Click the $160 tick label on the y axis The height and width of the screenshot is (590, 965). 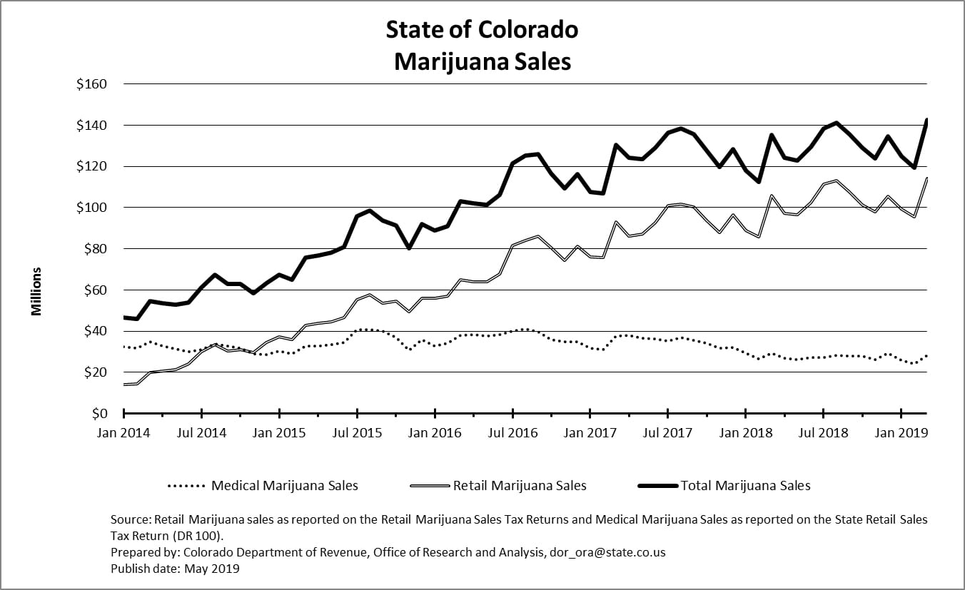pyautogui.click(x=91, y=84)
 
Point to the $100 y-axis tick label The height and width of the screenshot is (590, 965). pyautogui.click(x=91, y=208)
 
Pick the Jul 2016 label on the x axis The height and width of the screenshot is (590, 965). pyautogui.click(x=512, y=432)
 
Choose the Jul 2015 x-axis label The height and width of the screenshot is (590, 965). pyautogui.click(x=358, y=432)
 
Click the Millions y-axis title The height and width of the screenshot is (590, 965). pyautogui.click(x=36, y=291)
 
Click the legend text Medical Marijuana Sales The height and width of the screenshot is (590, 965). pyautogui.click(x=285, y=486)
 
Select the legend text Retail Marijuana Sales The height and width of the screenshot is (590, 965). pyautogui.click(x=520, y=486)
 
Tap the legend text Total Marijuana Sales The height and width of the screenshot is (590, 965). pyautogui.click(x=746, y=486)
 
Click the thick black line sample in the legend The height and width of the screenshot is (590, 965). pyautogui.click(x=657, y=486)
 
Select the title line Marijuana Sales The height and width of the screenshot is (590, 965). pyautogui.click(x=482, y=61)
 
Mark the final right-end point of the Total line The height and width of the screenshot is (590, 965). pyautogui.click(x=926, y=120)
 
